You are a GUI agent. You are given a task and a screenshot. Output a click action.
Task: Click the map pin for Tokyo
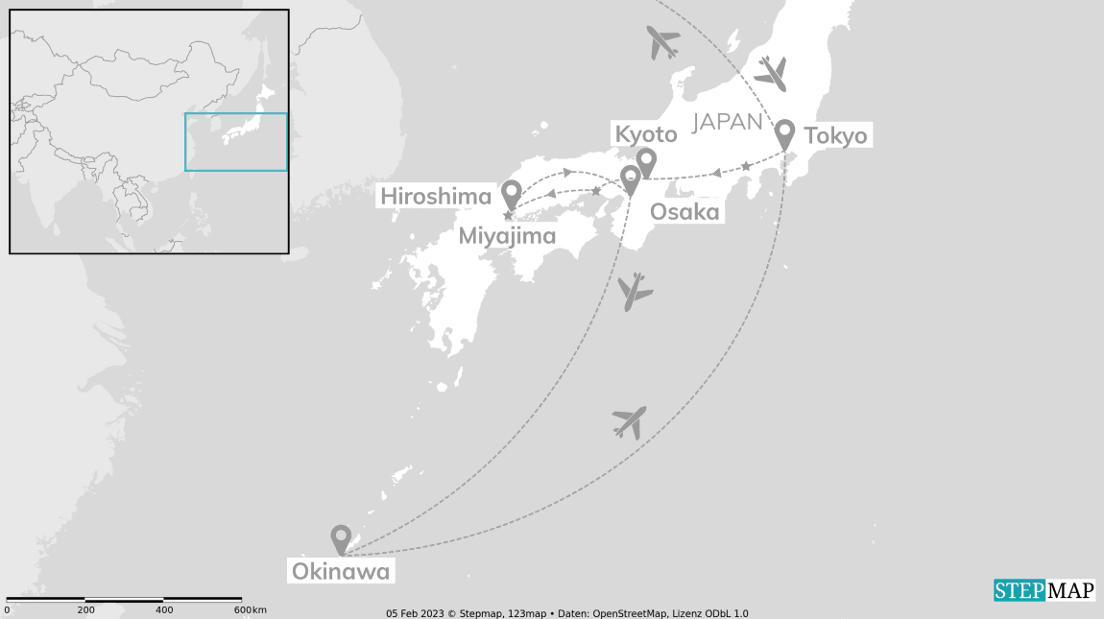click(785, 133)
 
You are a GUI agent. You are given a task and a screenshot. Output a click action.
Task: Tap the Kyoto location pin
click(646, 160)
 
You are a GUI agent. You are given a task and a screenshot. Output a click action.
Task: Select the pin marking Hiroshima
click(511, 193)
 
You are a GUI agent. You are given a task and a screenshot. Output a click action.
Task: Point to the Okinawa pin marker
click(341, 537)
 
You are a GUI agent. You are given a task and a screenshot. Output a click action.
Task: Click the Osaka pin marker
click(630, 179)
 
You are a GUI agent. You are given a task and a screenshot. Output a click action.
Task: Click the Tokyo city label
click(835, 136)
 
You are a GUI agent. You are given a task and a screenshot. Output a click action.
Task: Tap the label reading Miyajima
click(507, 236)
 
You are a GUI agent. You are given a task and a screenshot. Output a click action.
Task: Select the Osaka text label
click(684, 212)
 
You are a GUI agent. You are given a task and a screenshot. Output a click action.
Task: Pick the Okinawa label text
click(341, 573)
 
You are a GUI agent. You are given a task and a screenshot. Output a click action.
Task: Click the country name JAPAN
click(728, 122)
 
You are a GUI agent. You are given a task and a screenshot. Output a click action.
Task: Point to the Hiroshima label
click(436, 197)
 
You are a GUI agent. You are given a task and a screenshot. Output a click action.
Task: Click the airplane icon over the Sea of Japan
click(662, 42)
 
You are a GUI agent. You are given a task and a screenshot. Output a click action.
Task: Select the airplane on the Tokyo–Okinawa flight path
click(630, 421)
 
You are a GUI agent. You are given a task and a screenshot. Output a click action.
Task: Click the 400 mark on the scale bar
click(165, 610)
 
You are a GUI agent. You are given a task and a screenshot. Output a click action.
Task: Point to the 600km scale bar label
click(250, 610)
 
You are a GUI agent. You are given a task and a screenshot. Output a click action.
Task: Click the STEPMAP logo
click(1044, 590)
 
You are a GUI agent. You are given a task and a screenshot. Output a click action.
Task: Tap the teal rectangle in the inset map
click(236, 142)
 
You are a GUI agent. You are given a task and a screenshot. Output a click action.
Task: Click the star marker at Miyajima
click(508, 215)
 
